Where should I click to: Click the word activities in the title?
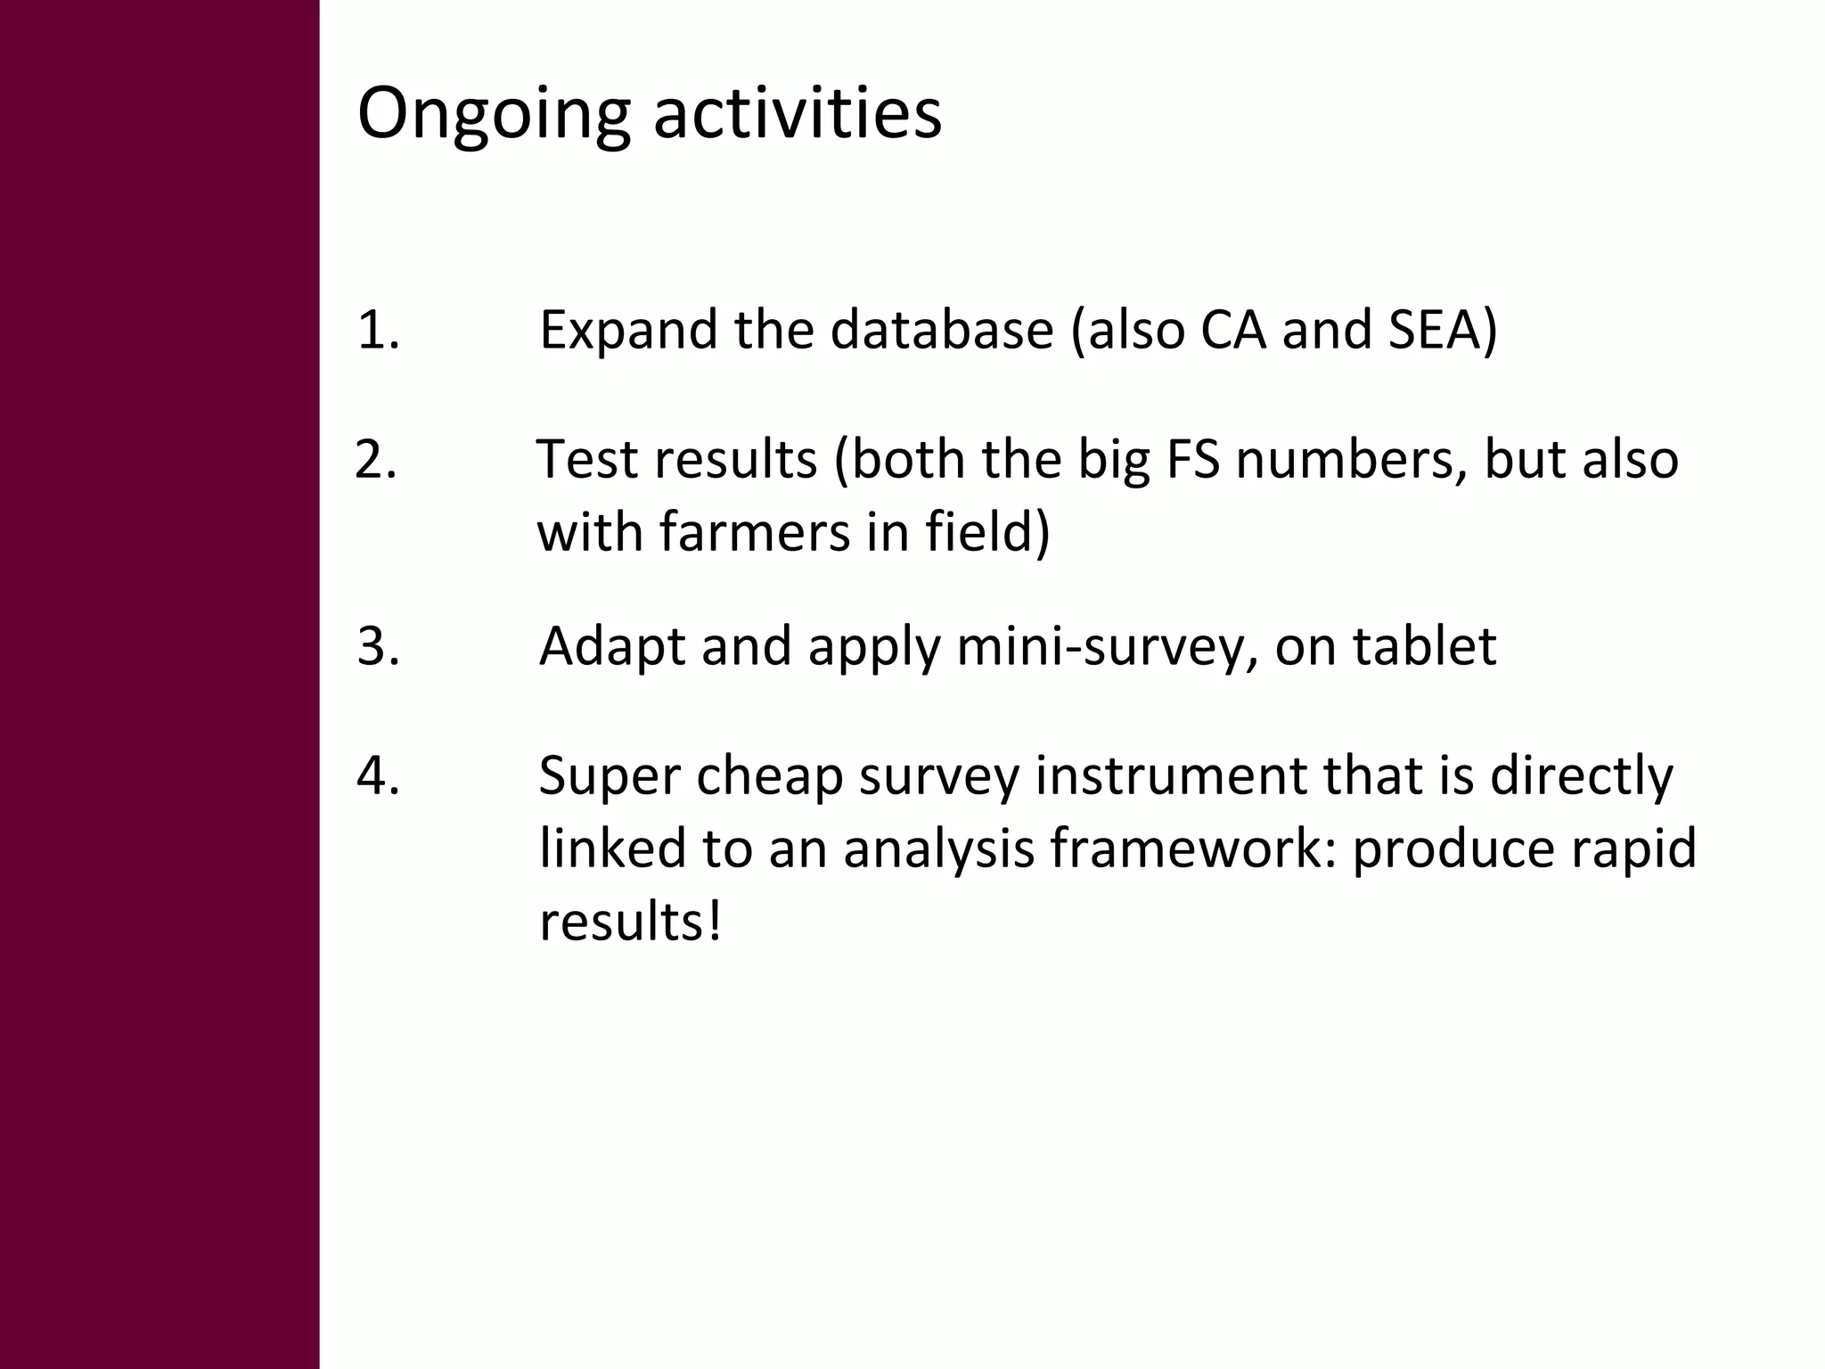click(x=798, y=113)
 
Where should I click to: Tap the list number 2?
click(x=375, y=461)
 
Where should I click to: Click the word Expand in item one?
click(x=627, y=331)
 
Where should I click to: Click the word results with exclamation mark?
click(x=629, y=922)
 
